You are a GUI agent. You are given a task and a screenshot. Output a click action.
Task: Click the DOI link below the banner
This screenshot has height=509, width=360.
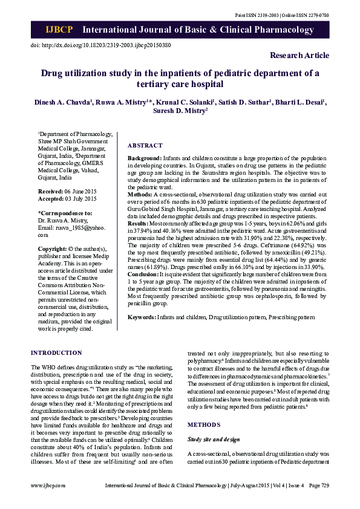100,45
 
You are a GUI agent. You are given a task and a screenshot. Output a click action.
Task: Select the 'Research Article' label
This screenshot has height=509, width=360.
299,56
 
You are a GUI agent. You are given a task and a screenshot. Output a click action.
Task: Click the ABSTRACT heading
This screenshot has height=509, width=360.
145,146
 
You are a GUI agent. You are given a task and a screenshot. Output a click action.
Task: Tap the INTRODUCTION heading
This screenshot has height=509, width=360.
56,352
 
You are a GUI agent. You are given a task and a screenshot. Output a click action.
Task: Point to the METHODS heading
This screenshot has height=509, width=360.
204,425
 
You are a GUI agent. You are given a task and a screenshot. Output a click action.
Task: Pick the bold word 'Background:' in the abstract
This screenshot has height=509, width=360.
144,158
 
